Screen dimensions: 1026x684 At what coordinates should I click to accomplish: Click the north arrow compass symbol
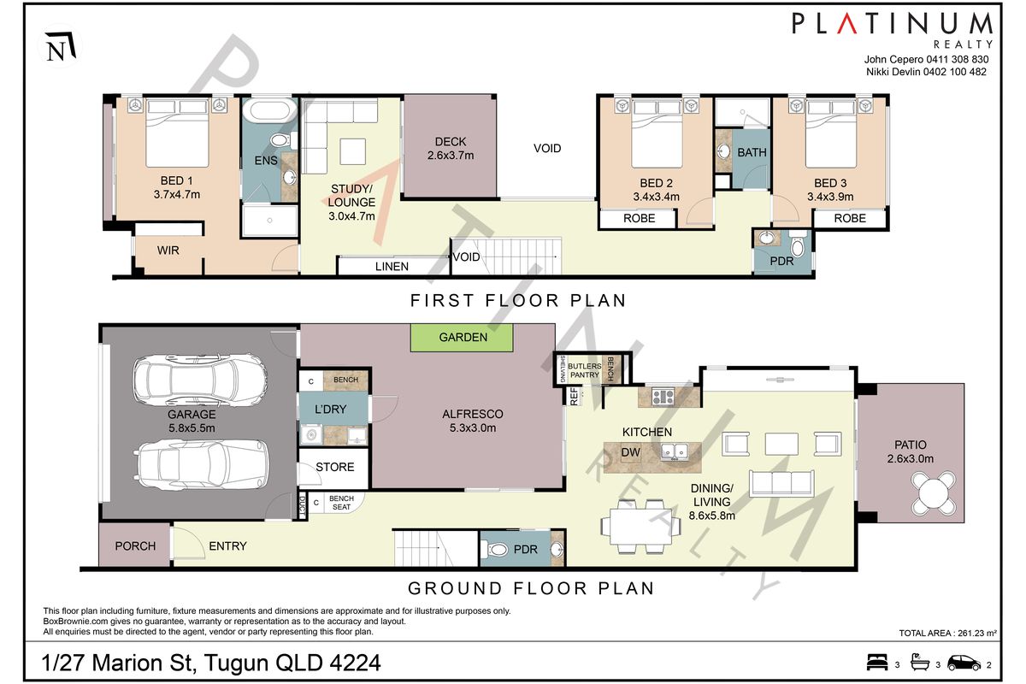[x=60, y=46]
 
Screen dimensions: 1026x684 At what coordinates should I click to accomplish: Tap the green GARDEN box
[x=462, y=338]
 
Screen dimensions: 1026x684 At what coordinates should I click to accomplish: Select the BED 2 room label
[x=656, y=183]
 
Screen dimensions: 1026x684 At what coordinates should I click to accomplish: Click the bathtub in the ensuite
[x=269, y=110]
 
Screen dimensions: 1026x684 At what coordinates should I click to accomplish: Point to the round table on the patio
[x=934, y=493]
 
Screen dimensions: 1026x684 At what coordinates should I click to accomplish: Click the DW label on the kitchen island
[x=630, y=452]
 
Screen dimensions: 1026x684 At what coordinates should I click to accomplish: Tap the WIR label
[x=168, y=251]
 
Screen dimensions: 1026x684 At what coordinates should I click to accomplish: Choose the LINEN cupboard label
[x=392, y=267]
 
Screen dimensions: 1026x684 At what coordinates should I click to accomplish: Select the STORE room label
[x=335, y=467]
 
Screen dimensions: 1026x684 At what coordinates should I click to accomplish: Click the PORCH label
[x=135, y=546]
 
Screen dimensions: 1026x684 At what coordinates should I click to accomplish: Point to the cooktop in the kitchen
[x=663, y=396]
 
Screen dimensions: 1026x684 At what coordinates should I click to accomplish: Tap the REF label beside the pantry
[x=575, y=396]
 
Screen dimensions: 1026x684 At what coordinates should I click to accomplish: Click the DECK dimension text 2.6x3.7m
[x=451, y=156]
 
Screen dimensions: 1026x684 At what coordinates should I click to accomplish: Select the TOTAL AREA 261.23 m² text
[x=947, y=634]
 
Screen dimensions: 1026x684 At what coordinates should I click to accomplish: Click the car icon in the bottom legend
[x=964, y=663]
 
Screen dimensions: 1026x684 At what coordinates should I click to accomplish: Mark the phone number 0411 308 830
[x=958, y=60]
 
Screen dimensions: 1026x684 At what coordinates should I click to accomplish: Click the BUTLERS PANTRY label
[x=585, y=370]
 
